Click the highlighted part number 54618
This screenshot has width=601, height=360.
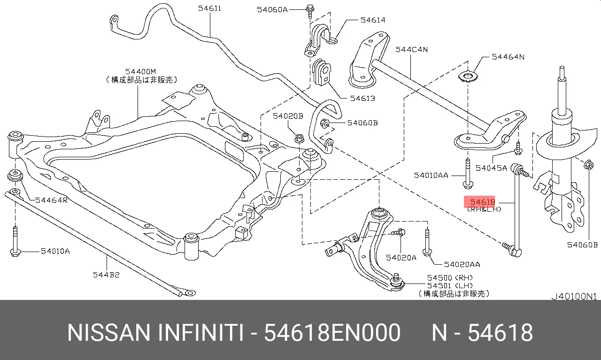pyautogui.click(x=483, y=202)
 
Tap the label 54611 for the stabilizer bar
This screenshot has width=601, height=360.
pyautogui.click(x=209, y=8)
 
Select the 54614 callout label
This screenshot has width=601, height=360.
pyautogui.click(x=373, y=20)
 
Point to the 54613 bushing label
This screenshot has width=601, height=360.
pyautogui.click(x=362, y=99)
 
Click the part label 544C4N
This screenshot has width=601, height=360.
pyautogui.click(x=412, y=50)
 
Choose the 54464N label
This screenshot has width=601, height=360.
pyautogui.click(x=508, y=57)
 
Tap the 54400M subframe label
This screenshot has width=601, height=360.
pyautogui.click(x=140, y=72)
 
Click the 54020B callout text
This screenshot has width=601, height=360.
pyautogui.click(x=288, y=116)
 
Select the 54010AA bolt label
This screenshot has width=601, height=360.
pyautogui.click(x=431, y=176)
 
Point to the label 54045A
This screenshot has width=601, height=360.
pyautogui.click(x=491, y=168)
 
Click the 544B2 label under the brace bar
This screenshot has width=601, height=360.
pyautogui.click(x=106, y=275)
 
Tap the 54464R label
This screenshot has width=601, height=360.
pyautogui.click(x=51, y=200)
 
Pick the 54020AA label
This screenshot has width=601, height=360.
pyautogui.click(x=462, y=265)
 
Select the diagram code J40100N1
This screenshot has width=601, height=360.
pyautogui.click(x=574, y=297)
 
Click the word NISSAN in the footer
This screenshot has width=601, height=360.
pyautogui.click(x=108, y=333)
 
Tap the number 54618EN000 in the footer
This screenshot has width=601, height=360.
pyautogui.click(x=332, y=333)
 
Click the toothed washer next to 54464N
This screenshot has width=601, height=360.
pyautogui.click(x=468, y=77)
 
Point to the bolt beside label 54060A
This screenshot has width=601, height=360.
pyautogui.click(x=310, y=11)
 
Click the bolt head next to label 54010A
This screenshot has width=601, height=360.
pyautogui.click(x=15, y=253)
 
